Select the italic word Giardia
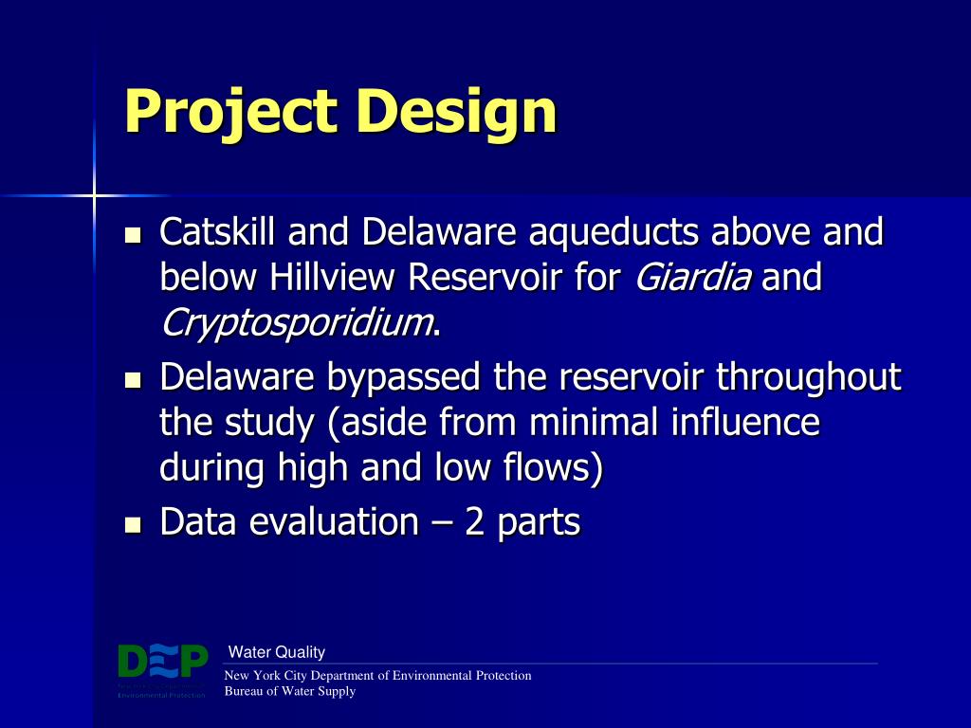(693, 279)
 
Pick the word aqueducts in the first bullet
(613, 231)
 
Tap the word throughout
(808, 377)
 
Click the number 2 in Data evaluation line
(474, 522)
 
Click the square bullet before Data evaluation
(134, 524)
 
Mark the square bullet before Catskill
(134, 233)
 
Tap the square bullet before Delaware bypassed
(134, 379)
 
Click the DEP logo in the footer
(162, 664)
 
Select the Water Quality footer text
(277, 652)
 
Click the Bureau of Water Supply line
(289, 691)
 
